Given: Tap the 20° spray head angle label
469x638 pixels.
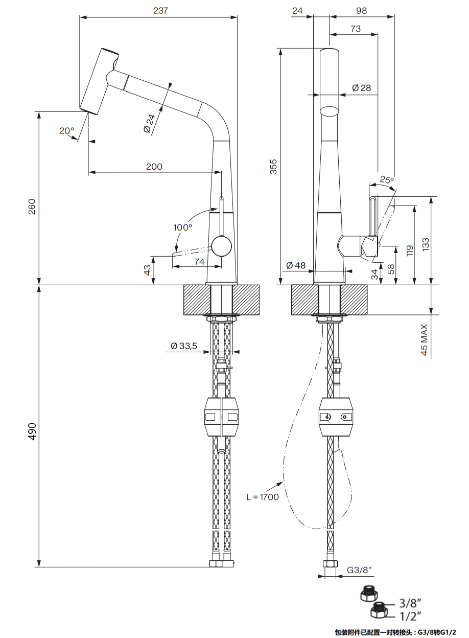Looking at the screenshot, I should [67, 130].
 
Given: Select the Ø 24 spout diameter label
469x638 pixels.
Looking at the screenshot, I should [149, 123].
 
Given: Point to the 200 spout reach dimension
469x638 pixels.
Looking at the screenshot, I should [154, 166].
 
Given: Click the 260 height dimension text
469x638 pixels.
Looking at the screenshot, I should [32, 206].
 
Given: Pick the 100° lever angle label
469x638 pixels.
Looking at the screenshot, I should [182, 226].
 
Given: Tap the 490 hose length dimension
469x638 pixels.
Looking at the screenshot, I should [32, 432].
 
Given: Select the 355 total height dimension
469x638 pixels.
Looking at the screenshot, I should [273, 167].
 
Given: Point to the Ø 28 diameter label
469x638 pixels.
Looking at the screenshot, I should [361, 88].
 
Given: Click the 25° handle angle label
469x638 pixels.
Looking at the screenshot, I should [387, 179].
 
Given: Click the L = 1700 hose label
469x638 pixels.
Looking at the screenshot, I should [263, 496].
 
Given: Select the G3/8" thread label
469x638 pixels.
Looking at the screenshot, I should [360, 569].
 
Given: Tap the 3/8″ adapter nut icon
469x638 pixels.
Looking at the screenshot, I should [367, 594].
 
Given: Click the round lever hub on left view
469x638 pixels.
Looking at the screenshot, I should [221, 246].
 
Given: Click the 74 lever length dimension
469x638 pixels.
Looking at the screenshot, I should [199, 261].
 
